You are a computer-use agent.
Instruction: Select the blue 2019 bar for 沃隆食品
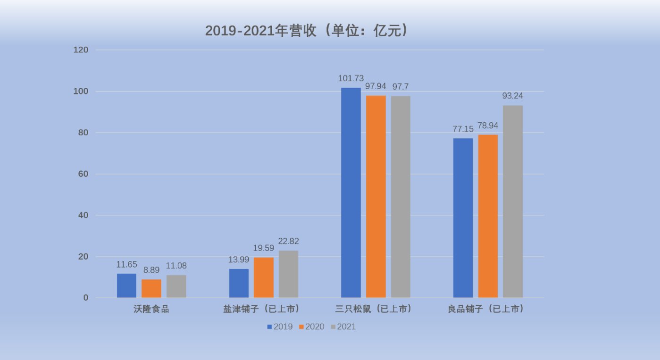(x=126, y=285)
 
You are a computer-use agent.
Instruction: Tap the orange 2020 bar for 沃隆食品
(x=151, y=288)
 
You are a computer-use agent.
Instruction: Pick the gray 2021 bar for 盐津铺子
(x=288, y=274)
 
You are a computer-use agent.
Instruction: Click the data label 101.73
(x=351, y=78)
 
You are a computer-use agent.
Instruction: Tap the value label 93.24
(x=513, y=96)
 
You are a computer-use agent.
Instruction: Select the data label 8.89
(x=151, y=270)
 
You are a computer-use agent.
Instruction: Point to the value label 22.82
(x=288, y=241)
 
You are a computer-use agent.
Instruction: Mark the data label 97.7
(x=401, y=86)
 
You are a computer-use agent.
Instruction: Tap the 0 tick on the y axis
(x=86, y=298)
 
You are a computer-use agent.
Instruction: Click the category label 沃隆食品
(x=151, y=310)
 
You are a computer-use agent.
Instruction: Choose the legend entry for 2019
(x=280, y=327)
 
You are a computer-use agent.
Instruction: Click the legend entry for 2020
(x=312, y=327)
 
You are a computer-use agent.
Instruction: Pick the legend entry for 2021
(x=343, y=327)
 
